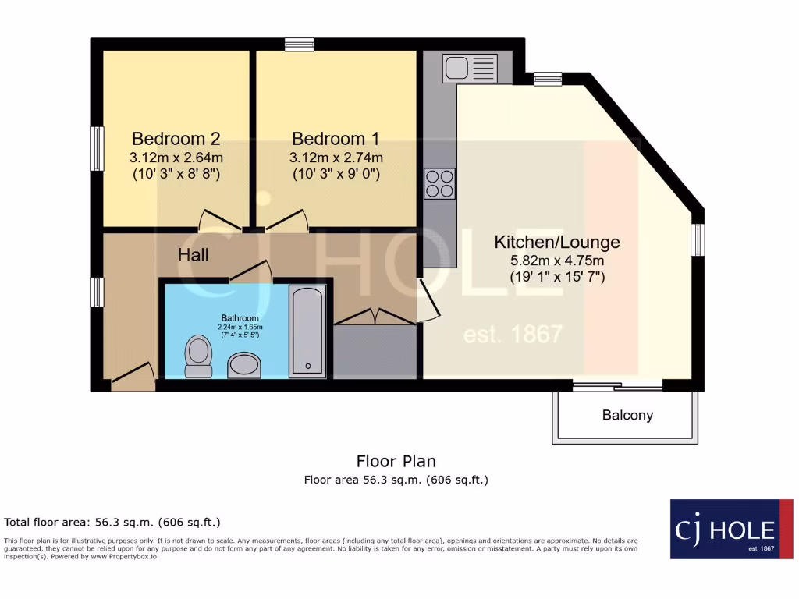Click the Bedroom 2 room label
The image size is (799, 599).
pyautogui.click(x=176, y=139)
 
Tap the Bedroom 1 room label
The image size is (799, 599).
pyautogui.click(x=336, y=139)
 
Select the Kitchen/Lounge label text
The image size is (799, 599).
pyautogui.click(x=557, y=242)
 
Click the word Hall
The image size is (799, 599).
pyautogui.click(x=194, y=255)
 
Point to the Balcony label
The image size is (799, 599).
pyautogui.click(x=627, y=415)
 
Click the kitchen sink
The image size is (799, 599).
pyautogui.click(x=470, y=68)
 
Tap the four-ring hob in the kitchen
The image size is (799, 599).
pyautogui.click(x=440, y=184)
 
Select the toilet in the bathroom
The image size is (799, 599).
pyautogui.click(x=199, y=356)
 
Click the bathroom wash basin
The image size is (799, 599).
pyautogui.click(x=246, y=364)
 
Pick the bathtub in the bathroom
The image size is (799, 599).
pyautogui.click(x=308, y=331)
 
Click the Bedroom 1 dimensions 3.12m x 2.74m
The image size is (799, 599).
pyautogui.click(x=336, y=158)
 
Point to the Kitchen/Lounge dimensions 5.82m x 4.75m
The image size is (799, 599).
pyautogui.click(x=557, y=260)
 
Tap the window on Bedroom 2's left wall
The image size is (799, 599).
pyautogui.click(x=97, y=148)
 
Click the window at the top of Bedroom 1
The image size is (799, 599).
pyautogui.click(x=299, y=44)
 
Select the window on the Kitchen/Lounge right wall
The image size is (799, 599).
pyautogui.click(x=698, y=239)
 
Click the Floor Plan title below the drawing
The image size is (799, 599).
pyautogui.click(x=396, y=461)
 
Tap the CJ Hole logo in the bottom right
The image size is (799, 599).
pyautogui.click(x=731, y=529)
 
